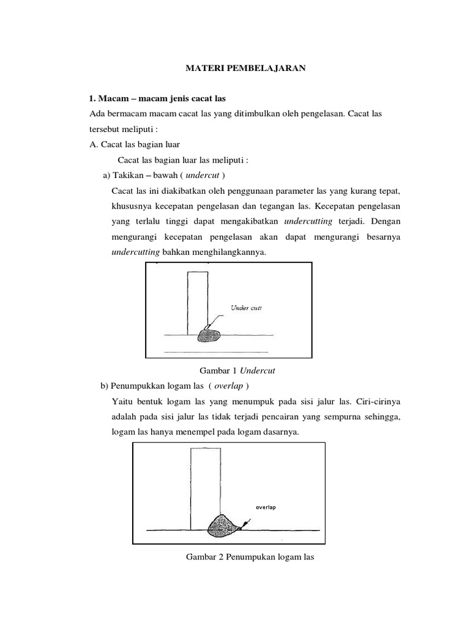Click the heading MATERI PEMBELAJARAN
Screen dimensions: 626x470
(x=245, y=69)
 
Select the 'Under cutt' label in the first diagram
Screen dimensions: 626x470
(x=245, y=308)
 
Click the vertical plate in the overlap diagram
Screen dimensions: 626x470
(x=206, y=486)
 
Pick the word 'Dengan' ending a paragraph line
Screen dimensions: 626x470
(x=386, y=220)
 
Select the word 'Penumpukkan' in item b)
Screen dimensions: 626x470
(x=140, y=386)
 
